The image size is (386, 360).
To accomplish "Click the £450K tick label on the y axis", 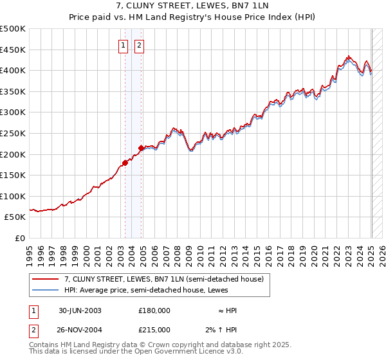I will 13,50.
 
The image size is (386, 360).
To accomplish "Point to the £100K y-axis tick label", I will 13,196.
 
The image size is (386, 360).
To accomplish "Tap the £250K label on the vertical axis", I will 13,133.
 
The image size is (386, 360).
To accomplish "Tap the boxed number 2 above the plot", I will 139,45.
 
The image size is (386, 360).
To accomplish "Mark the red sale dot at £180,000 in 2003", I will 125,163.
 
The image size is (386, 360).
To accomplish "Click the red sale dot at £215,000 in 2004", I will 142,148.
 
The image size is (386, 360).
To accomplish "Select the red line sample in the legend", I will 46,279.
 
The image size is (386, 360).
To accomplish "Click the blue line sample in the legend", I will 46,290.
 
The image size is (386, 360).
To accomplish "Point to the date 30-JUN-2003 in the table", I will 80,310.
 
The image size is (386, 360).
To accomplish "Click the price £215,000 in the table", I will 154,330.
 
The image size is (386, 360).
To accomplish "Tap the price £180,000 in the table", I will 154,310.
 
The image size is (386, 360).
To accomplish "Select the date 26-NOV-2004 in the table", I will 80,330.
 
